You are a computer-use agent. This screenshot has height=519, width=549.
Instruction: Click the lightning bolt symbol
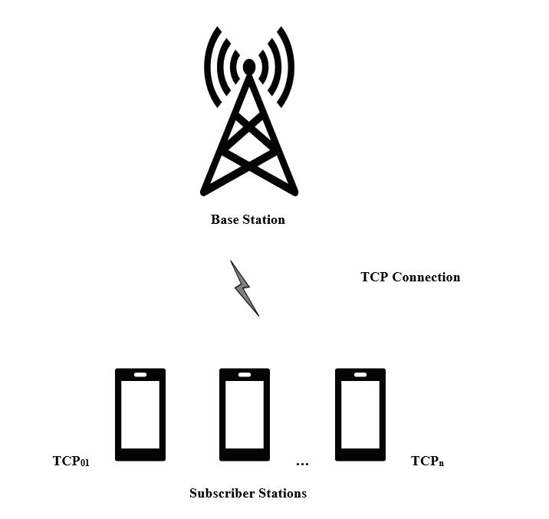(245, 287)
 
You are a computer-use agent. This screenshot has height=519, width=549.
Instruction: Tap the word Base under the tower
(225, 220)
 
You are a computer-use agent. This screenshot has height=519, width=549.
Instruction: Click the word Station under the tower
(264, 220)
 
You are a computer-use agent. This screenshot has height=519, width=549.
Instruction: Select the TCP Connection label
(410, 278)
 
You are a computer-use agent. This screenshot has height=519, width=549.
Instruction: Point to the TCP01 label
(71, 462)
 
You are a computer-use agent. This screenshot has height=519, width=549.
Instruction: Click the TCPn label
(428, 462)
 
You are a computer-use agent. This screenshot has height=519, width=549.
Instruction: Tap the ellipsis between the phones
(302, 463)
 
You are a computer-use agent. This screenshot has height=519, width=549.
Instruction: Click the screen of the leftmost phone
(140, 414)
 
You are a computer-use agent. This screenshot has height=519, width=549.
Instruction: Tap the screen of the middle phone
(245, 414)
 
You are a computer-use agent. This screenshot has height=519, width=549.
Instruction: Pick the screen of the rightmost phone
(360, 414)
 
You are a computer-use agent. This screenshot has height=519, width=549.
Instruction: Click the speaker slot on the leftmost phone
(140, 375)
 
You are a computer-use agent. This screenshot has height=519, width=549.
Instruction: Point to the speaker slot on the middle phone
(245, 375)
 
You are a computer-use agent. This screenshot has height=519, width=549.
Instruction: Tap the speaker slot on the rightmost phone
(360, 375)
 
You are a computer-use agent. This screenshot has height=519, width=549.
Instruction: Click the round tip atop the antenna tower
(249, 67)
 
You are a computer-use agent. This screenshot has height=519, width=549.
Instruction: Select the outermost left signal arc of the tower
(209, 67)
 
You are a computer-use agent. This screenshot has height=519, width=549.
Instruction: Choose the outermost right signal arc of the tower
(289, 67)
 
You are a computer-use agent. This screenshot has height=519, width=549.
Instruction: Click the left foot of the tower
(205, 190)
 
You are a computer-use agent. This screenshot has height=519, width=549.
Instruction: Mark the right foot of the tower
(294, 190)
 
